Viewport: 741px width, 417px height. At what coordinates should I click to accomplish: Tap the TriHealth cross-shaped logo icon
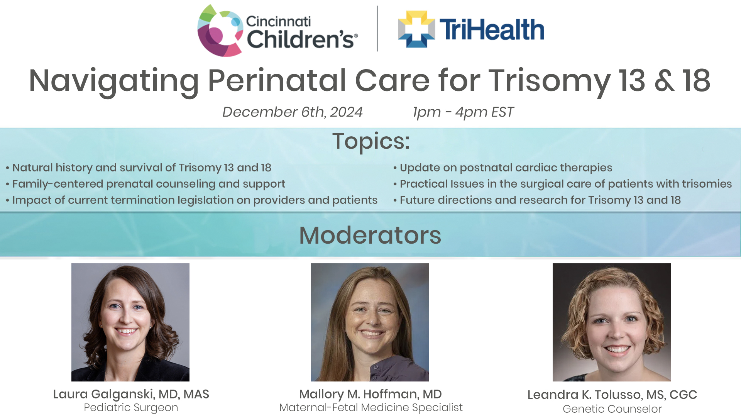coord(416,29)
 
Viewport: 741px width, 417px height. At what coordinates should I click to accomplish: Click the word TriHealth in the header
coord(492,30)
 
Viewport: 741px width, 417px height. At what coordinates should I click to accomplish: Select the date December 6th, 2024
coord(292,112)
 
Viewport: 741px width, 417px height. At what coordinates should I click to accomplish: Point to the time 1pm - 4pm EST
coord(463,112)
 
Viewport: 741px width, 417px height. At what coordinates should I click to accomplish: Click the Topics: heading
coord(370,141)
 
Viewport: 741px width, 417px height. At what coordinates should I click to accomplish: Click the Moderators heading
coord(370,235)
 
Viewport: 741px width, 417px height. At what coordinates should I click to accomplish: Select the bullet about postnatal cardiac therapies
coord(506,168)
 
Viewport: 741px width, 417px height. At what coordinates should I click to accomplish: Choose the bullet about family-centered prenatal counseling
coord(149,184)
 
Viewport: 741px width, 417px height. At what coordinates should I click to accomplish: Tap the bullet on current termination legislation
coord(195,200)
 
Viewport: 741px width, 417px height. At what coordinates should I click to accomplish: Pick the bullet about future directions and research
coord(540,200)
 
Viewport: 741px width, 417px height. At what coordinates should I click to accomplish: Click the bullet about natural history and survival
coord(142,168)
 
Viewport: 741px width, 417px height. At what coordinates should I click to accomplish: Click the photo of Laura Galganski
coord(130,322)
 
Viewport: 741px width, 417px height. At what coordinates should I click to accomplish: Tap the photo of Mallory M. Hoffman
coord(370,322)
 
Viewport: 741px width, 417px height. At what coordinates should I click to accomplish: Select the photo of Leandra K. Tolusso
coord(611,322)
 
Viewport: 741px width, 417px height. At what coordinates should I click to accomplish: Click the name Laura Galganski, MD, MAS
coord(131,394)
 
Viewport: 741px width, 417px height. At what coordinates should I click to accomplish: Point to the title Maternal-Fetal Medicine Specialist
coord(370,407)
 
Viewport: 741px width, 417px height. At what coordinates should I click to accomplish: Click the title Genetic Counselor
coord(612,409)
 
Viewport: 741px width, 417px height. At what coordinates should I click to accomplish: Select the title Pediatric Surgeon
coord(131,407)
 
